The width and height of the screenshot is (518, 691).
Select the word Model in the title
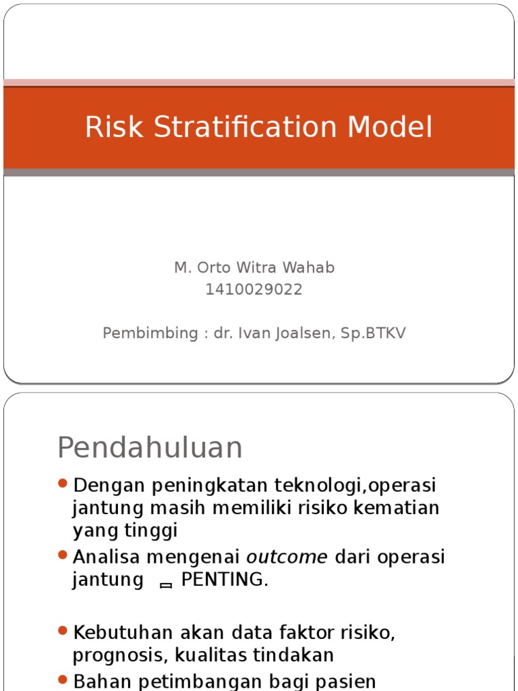(x=397, y=128)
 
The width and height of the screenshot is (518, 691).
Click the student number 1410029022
(x=254, y=289)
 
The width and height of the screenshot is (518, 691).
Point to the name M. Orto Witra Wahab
(x=254, y=268)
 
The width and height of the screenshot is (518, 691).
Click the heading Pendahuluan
(x=150, y=447)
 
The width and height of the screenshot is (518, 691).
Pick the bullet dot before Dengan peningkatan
(x=63, y=483)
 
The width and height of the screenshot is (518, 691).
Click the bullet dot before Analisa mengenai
(x=63, y=555)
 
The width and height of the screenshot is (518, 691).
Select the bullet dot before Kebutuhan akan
(x=63, y=631)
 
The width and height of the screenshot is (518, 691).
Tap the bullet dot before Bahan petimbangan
(x=63, y=680)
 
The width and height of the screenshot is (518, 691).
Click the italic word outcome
(x=287, y=557)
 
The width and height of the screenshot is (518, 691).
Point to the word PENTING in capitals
(x=224, y=580)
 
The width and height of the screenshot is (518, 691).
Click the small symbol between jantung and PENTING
(x=166, y=585)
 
